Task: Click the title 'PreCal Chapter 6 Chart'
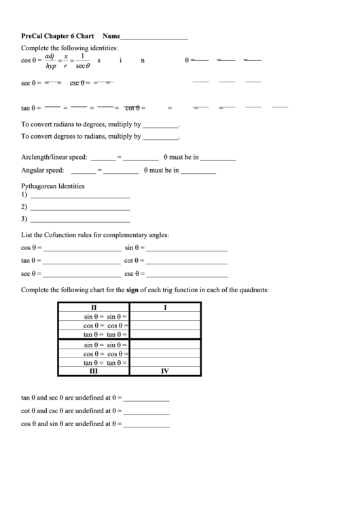58,36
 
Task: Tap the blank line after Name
154,37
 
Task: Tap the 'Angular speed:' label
43,171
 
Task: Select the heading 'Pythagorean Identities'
53,186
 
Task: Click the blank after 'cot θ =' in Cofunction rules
187,261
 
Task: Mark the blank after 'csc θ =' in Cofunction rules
187,275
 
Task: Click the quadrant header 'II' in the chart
94,307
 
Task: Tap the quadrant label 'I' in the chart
165,307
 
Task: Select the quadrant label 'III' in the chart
94,372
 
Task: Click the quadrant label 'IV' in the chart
165,372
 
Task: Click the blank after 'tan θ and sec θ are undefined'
146,398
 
